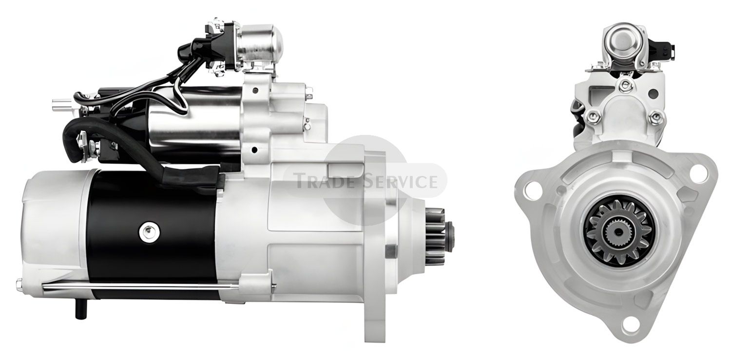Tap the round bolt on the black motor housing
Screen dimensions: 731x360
tap(150, 232)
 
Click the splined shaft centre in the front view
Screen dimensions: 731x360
tap(617, 232)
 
